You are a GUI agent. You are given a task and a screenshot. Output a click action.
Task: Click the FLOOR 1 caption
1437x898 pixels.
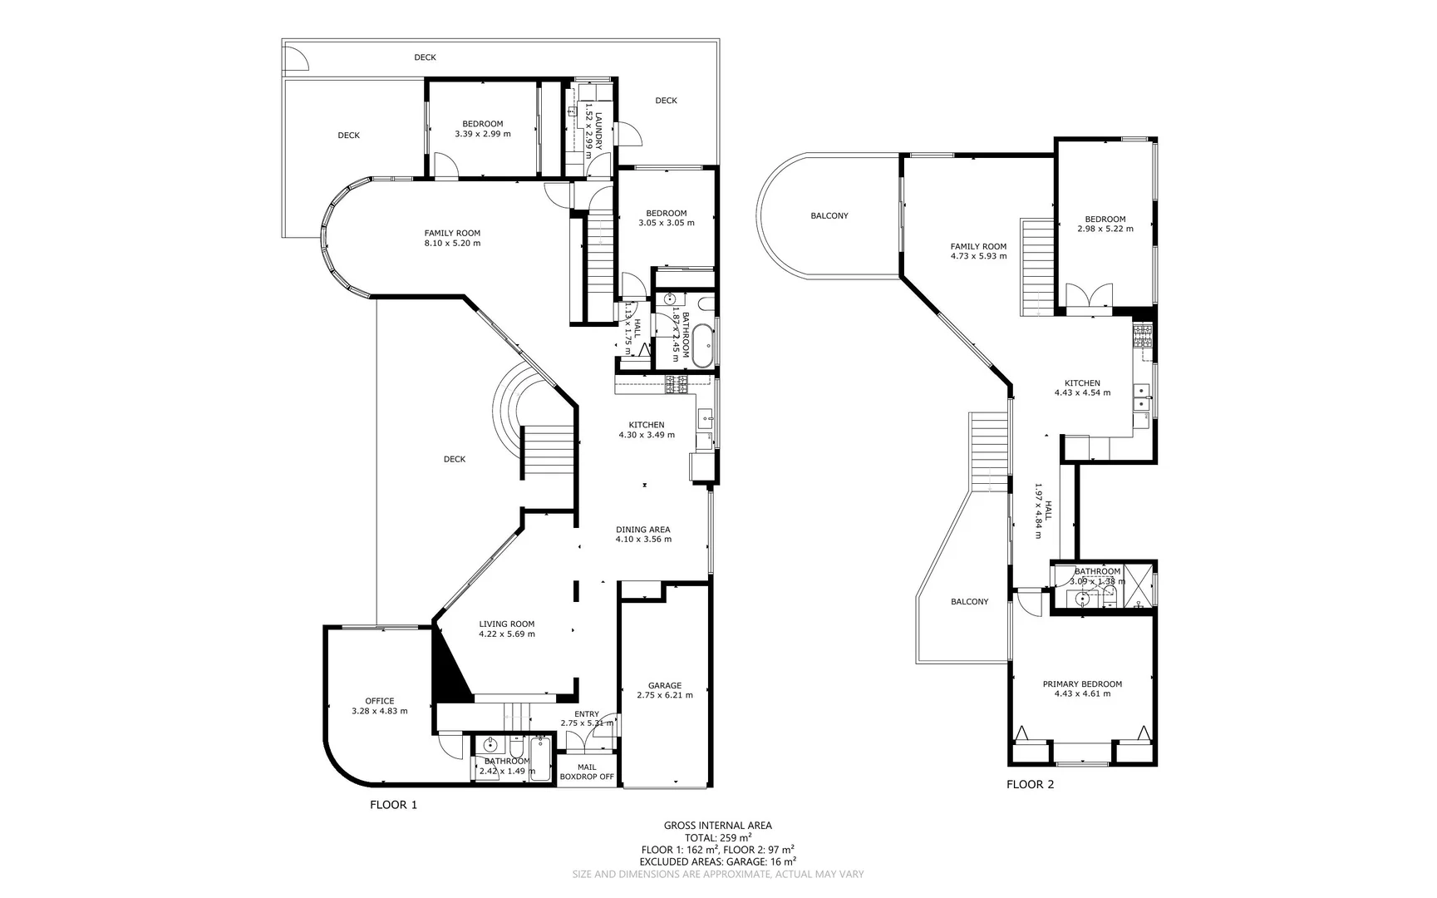tap(393, 805)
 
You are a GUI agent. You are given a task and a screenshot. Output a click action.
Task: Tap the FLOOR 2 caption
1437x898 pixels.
tap(1030, 784)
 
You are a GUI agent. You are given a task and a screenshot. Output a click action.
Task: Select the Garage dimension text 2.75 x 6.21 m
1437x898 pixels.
tap(664, 695)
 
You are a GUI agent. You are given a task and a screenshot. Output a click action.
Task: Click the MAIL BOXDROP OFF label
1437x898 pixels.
tap(587, 772)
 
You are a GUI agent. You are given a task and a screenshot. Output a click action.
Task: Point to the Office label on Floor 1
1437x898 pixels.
tap(380, 701)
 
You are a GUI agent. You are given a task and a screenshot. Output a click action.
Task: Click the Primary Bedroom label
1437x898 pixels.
tap(1082, 684)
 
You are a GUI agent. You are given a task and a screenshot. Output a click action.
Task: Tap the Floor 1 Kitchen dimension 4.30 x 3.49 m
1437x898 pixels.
tap(647, 435)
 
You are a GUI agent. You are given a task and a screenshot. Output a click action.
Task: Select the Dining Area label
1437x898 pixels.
tap(642, 530)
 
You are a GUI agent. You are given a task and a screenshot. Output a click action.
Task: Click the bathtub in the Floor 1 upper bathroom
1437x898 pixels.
tap(704, 346)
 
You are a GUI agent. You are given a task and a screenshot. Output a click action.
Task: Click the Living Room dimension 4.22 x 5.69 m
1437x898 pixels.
tap(506, 634)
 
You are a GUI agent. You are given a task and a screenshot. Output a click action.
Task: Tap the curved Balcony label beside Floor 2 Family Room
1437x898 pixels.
tap(829, 215)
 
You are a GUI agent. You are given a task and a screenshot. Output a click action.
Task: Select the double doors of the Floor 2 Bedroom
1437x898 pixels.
tap(1089, 297)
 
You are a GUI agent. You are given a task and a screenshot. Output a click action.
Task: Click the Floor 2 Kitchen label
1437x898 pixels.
tap(1082, 383)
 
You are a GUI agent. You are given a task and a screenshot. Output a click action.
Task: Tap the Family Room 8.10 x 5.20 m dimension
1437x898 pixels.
tap(452, 244)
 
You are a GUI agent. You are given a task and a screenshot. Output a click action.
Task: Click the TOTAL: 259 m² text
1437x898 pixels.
tap(718, 837)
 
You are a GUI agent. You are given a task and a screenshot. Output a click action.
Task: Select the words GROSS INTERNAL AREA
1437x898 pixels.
tap(717, 826)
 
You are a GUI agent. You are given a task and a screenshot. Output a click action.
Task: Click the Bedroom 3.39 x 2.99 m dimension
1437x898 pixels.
tap(483, 134)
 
